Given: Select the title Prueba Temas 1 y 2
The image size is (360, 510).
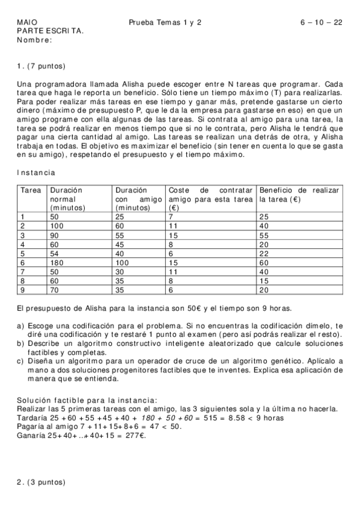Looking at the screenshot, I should [165, 22].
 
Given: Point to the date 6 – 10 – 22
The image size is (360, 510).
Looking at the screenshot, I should [322, 22].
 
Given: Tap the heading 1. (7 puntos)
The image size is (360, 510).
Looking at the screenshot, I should [41, 66].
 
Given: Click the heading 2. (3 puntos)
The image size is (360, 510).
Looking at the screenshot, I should [41, 482].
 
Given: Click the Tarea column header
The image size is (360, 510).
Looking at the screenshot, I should [30, 190].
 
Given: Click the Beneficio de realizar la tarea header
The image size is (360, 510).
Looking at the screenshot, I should [299, 194].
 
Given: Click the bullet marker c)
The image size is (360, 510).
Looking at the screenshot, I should [21, 361].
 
